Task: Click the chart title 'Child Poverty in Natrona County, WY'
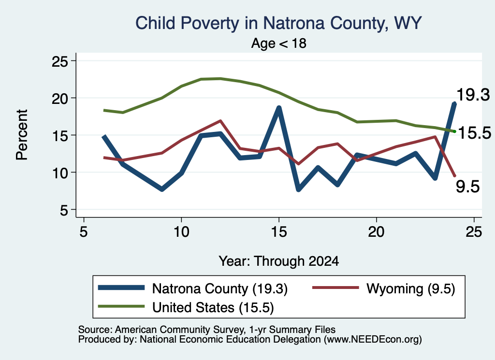click(x=278, y=23)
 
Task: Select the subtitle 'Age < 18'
click(x=279, y=43)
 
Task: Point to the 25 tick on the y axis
click(x=59, y=61)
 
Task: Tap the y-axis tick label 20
click(x=59, y=98)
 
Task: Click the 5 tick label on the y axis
click(x=64, y=210)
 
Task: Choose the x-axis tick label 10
click(x=181, y=232)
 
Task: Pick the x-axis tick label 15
click(x=279, y=232)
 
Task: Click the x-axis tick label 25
click(x=474, y=232)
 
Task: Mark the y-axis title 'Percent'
click(x=22, y=135)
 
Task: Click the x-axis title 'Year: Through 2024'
click(x=279, y=261)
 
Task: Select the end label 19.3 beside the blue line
click(x=473, y=95)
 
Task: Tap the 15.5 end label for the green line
click(x=475, y=132)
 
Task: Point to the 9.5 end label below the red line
click(x=468, y=187)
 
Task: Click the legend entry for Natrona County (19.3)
click(x=192, y=288)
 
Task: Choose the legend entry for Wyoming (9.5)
click(x=383, y=288)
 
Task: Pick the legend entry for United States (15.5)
click(x=186, y=307)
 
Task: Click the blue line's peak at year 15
click(x=279, y=108)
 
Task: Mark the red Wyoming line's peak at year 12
click(x=220, y=120)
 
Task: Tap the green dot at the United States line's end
click(x=454, y=131)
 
